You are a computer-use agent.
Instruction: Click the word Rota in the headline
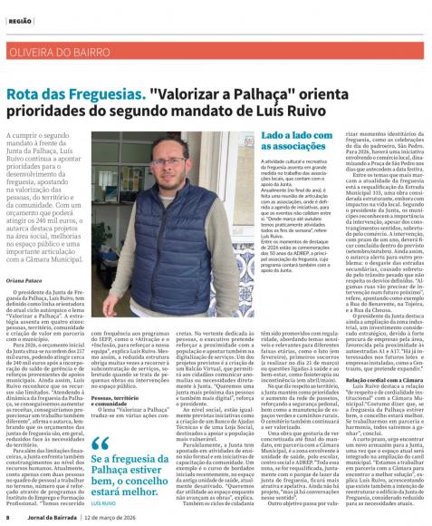pos(26,94)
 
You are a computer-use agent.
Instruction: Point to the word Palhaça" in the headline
pos(236,94)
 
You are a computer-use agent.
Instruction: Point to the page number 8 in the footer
pos(6,517)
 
